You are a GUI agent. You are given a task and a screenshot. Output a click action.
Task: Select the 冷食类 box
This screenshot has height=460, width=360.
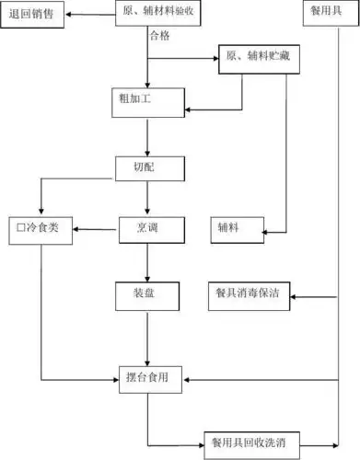click(40, 227)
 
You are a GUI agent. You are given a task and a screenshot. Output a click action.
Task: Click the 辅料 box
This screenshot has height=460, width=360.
click(234, 227)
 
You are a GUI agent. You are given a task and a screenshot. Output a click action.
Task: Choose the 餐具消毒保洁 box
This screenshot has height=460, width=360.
click(247, 294)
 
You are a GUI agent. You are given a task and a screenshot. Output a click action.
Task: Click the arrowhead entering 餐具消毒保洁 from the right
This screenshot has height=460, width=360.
click(293, 295)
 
